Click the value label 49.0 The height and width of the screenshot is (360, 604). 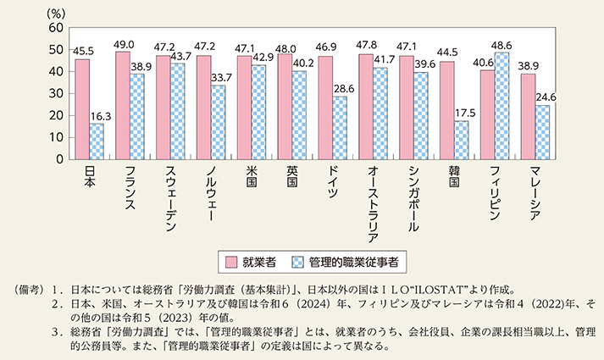click(x=125, y=44)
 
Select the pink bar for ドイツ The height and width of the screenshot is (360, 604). click(x=324, y=108)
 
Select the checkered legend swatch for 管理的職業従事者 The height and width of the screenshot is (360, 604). click(x=301, y=262)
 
